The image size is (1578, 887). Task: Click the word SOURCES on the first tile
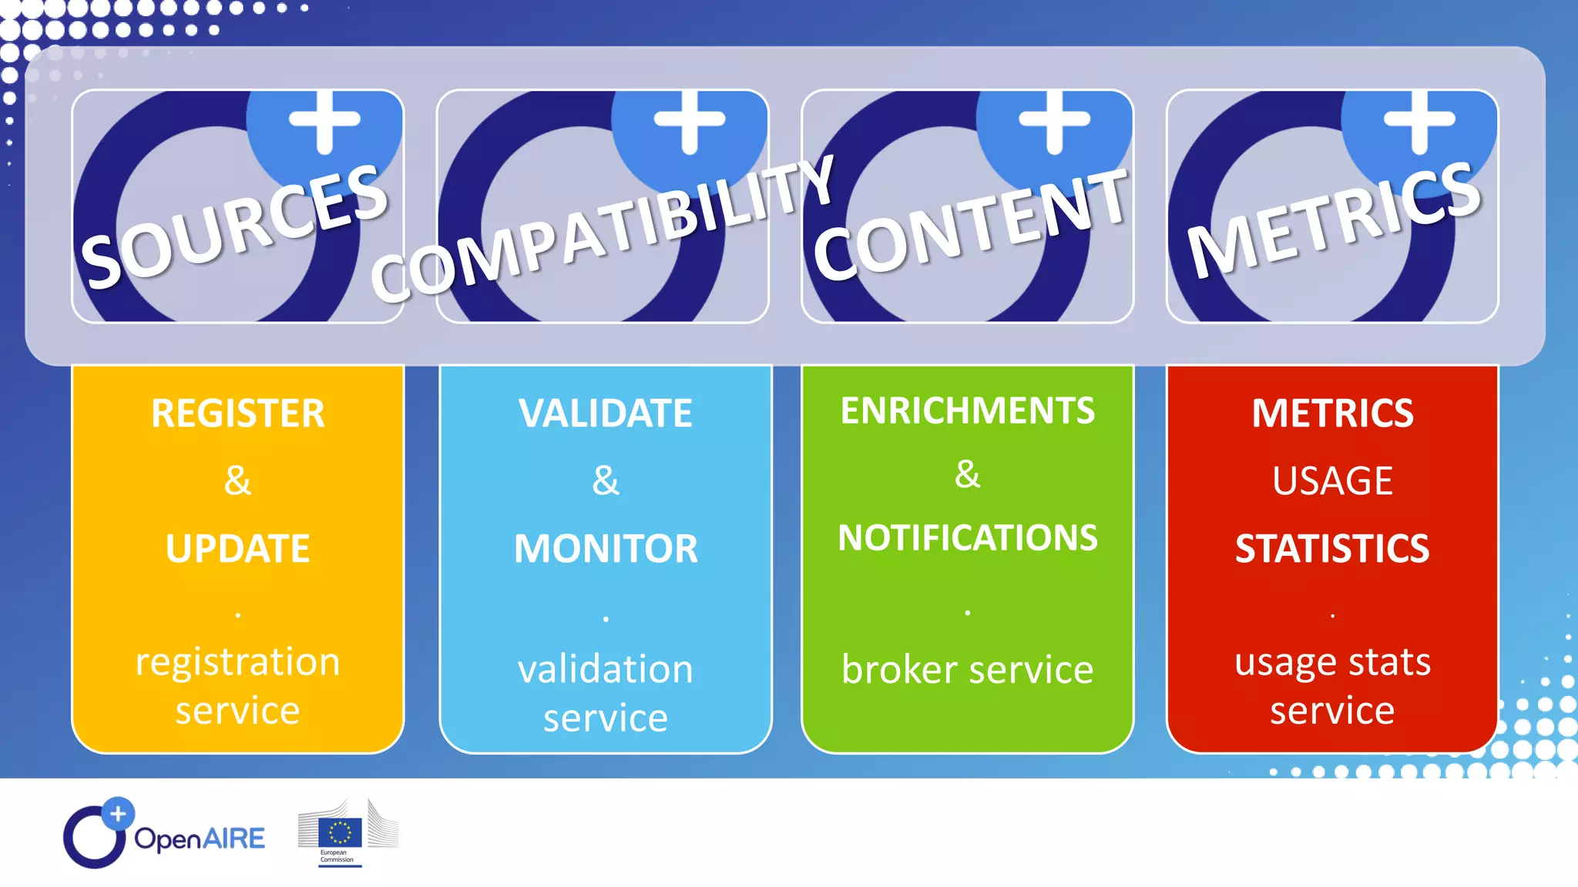point(235,227)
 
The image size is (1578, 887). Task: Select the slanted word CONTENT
point(970,224)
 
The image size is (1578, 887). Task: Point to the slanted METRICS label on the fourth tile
point(1334,219)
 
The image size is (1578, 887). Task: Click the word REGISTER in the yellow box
point(238,413)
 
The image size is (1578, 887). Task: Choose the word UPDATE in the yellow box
point(238,549)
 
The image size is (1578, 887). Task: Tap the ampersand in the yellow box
point(237,481)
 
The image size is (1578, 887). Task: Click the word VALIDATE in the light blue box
point(606,413)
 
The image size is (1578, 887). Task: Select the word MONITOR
point(606,549)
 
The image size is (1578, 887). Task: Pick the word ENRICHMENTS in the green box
point(968,411)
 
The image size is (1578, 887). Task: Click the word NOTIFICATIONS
point(968,538)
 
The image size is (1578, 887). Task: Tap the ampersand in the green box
point(968,474)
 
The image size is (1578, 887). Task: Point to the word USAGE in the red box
point(1332,481)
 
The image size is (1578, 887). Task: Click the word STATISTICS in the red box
point(1332,549)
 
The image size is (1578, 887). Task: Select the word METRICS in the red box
point(1332,413)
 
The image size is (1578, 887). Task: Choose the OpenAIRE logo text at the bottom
point(200,838)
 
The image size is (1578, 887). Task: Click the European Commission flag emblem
point(340,832)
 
